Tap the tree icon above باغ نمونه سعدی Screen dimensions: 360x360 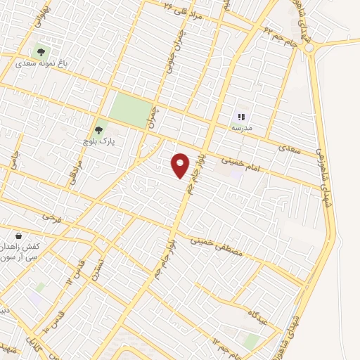(40, 51)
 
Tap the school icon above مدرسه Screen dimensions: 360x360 (241, 117)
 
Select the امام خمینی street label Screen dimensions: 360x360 (237, 160)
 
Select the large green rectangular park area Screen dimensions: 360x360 (130, 109)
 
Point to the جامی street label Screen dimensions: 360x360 (12, 160)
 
